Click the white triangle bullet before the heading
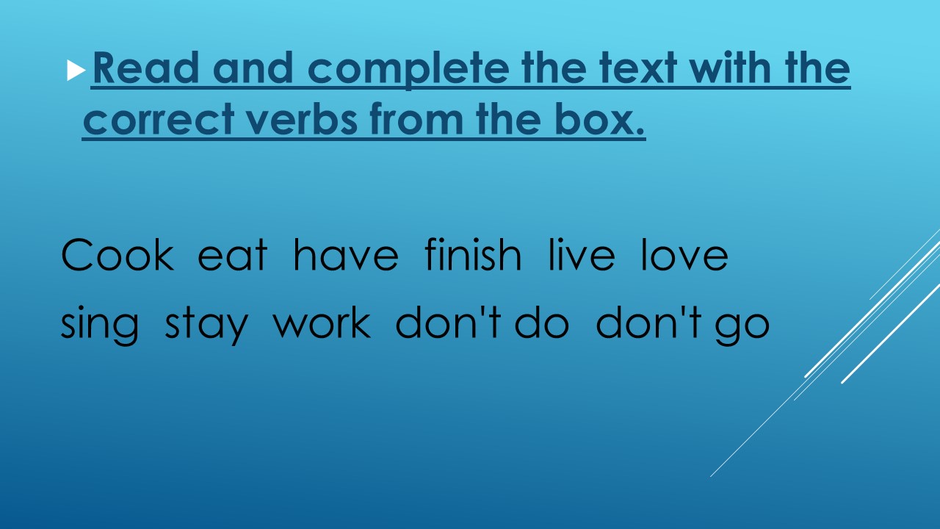[x=76, y=71]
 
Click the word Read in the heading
[x=145, y=68]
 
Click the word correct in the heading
[x=159, y=119]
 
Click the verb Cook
[x=117, y=254]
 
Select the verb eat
[x=232, y=255]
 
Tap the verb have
[x=346, y=254]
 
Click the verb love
[x=684, y=254]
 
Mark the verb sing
[x=99, y=324]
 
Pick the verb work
[x=322, y=322]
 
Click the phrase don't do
[x=482, y=322]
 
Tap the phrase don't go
[x=683, y=324]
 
